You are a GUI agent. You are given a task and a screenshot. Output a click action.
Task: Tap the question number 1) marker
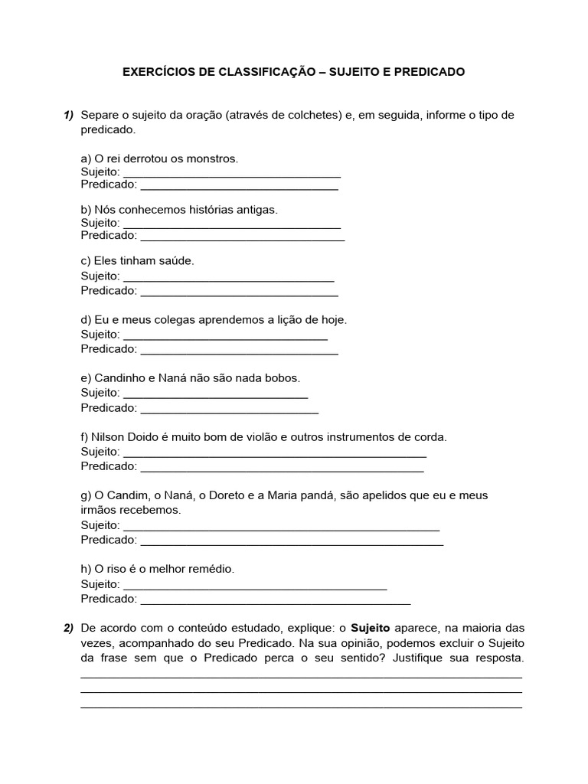click(69, 116)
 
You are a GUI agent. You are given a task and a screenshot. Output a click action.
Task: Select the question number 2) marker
click(69, 629)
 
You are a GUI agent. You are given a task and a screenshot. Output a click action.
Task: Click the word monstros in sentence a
click(214, 158)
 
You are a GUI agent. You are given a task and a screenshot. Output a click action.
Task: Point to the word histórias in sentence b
click(199, 209)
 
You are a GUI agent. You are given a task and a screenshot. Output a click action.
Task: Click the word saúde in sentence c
click(177, 260)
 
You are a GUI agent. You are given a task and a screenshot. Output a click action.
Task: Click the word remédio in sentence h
click(211, 570)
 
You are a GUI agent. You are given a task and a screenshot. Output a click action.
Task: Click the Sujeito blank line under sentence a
click(231, 175)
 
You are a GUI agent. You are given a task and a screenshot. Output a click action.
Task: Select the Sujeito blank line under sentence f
click(274, 455)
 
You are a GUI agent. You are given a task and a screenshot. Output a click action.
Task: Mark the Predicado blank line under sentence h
click(276, 603)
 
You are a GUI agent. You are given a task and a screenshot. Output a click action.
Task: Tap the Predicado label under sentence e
click(109, 408)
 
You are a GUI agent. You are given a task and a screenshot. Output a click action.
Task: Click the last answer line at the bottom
click(301, 707)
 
